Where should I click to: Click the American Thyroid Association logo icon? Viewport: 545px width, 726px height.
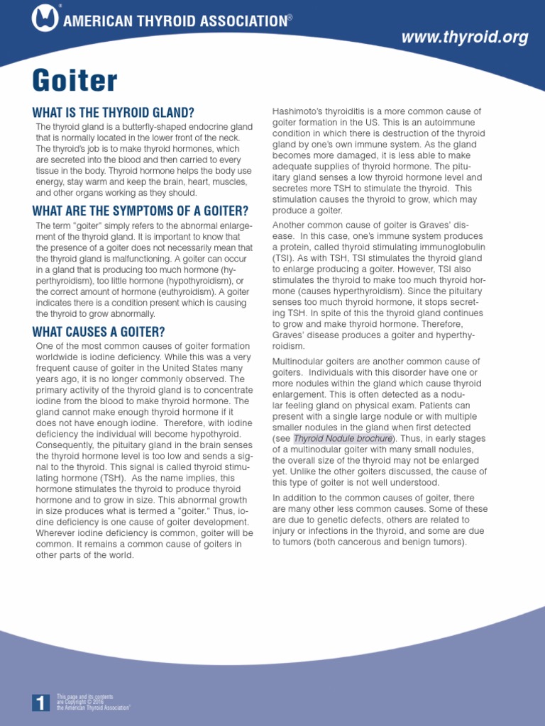point(45,19)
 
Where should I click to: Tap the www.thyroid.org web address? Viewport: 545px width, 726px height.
point(465,38)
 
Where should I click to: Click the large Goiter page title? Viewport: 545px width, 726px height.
point(75,81)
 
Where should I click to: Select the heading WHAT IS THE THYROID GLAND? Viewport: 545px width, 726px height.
point(114,113)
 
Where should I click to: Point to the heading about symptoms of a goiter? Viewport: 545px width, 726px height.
point(141,211)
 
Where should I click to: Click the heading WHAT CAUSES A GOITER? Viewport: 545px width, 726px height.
point(99,331)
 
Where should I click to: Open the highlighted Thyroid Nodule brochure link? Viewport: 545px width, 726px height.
point(343,438)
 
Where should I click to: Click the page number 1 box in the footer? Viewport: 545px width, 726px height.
point(40,703)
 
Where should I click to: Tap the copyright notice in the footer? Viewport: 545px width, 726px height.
point(93,702)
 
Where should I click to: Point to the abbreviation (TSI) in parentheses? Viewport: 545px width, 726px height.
point(284,258)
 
